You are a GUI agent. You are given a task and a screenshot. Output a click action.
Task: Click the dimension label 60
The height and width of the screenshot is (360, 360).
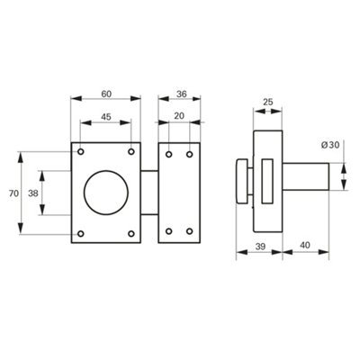(x=106, y=94)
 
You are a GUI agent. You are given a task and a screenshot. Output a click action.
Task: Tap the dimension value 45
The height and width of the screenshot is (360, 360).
(x=105, y=117)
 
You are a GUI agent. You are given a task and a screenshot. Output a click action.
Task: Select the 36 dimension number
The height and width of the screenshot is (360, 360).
(x=181, y=94)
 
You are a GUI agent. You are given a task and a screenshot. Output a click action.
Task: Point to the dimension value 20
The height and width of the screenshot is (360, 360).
(x=179, y=116)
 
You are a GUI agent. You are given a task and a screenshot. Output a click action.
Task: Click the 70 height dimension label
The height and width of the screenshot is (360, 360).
(x=13, y=193)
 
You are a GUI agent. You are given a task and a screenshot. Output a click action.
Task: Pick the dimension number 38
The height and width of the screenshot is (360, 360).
(x=33, y=193)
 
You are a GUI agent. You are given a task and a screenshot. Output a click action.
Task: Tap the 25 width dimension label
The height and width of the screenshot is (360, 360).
(x=268, y=102)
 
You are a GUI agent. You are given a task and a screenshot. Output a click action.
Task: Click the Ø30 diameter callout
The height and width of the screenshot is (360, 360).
(x=330, y=145)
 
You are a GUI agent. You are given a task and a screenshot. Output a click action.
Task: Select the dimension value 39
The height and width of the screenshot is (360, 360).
(x=260, y=246)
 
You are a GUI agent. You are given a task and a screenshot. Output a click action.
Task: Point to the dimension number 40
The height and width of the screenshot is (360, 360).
(x=305, y=245)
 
